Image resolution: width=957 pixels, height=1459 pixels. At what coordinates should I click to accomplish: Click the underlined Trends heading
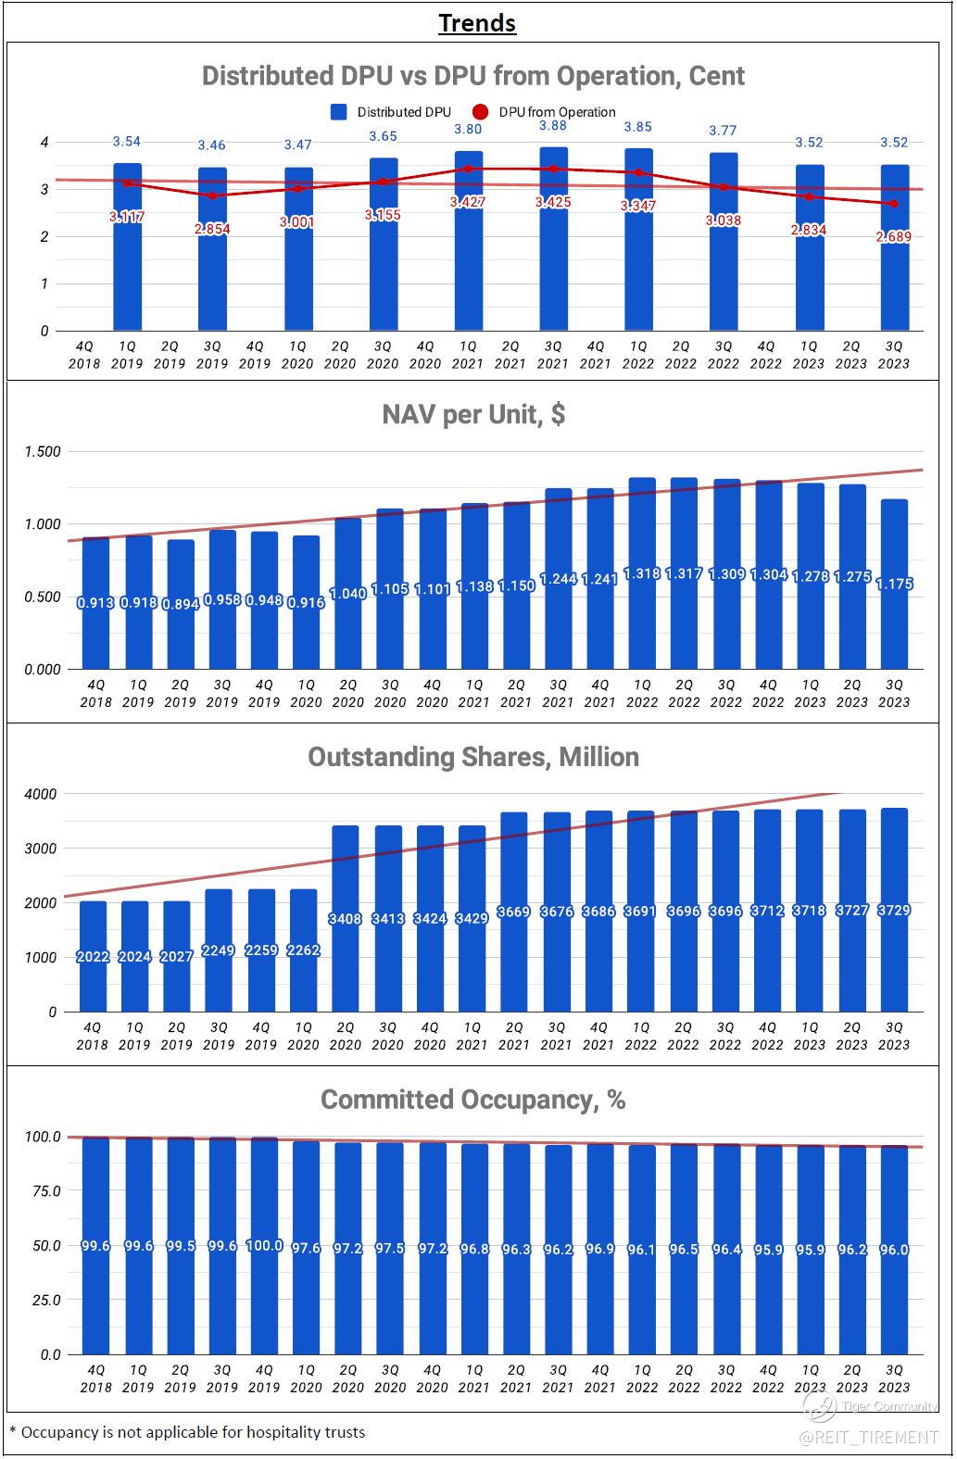tap(477, 23)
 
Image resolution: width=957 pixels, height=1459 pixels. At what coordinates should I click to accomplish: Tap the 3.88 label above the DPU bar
tap(553, 126)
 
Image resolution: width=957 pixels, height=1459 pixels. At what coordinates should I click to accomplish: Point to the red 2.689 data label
tap(894, 237)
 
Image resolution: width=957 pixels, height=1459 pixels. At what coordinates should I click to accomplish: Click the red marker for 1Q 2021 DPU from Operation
tap(468, 169)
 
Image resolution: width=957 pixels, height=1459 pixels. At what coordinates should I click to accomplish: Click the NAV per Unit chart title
tap(473, 414)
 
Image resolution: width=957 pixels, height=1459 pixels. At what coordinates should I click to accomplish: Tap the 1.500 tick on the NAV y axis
tap(44, 452)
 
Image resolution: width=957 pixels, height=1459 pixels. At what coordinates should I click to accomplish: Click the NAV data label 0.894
tap(180, 604)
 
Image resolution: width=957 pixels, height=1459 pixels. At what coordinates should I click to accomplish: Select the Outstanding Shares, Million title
tap(473, 757)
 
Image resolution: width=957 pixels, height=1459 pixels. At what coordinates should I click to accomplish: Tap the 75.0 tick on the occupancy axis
tap(44, 1191)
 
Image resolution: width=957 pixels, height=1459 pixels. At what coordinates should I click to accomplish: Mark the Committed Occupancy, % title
tap(472, 1100)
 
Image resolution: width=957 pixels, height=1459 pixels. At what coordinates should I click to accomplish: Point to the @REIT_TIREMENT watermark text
tap(868, 1438)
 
